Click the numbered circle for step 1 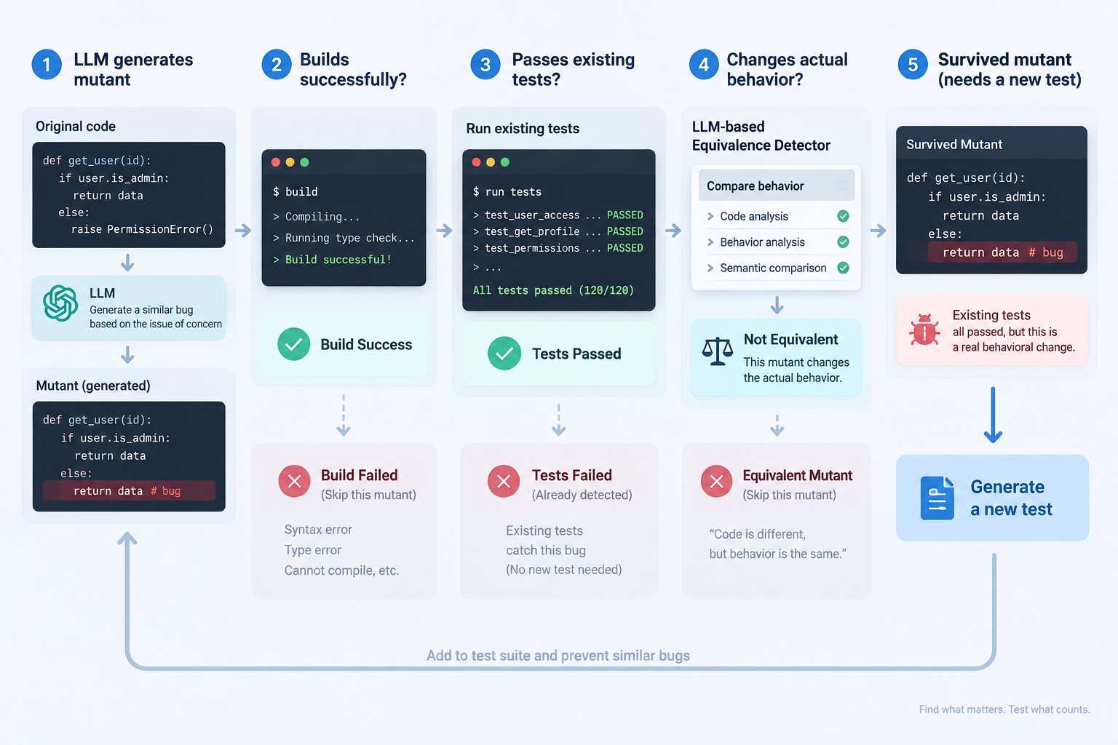click(47, 64)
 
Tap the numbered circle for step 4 click(704, 64)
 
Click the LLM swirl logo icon click(60, 303)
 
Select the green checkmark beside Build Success click(294, 344)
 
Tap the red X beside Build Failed click(295, 481)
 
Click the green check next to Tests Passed click(504, 354)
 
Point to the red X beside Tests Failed click(504, 481)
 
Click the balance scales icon click(717, 351)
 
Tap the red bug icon click(924, 330)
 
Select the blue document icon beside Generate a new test click(937, 498)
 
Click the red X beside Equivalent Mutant click(716, 481)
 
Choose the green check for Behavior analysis click(843, 242)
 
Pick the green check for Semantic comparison click(843, 268)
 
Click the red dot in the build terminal click(276, 162)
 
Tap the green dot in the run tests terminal click(504, 162)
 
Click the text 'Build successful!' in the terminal click(338, 260)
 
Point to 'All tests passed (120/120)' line click(553, 290)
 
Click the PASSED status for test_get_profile click(625, 231)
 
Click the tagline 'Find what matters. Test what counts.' click(1004, 709)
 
